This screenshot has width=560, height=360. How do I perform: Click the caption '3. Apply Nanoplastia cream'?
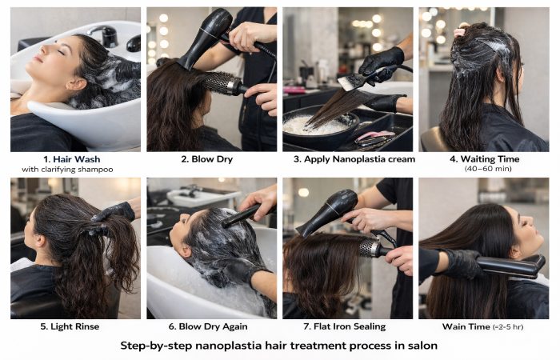(x=348, y=158)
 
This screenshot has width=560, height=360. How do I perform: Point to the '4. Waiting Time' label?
(x=482, y=158)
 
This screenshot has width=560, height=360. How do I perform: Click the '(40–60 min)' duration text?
(x=482, y=169)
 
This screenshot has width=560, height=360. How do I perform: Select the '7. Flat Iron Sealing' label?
(x=348, y=326)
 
